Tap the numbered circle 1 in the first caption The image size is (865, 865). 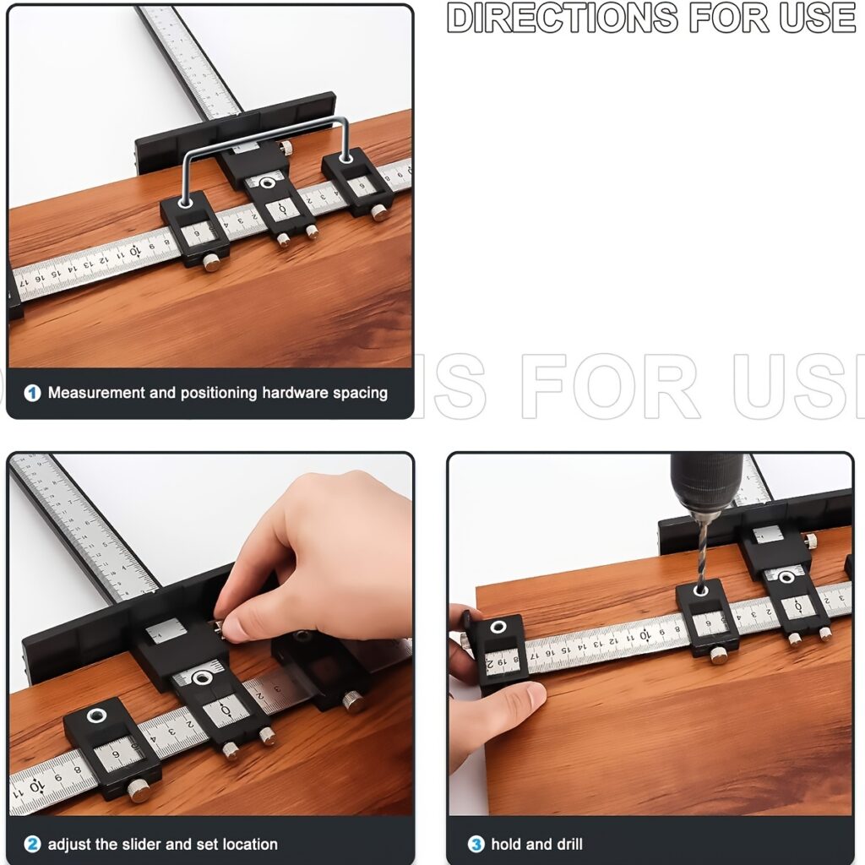pyautogui.click(x=32, y=393)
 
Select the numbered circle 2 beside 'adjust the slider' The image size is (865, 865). pyautogui.click(x=32, y=844)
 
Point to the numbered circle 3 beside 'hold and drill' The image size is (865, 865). pyautogui.click(x=476, y=844)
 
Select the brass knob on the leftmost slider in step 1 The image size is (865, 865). pyautogui.click(x=211, y=264)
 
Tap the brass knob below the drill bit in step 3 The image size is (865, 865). pyautogui.click(x=719, y=656)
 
